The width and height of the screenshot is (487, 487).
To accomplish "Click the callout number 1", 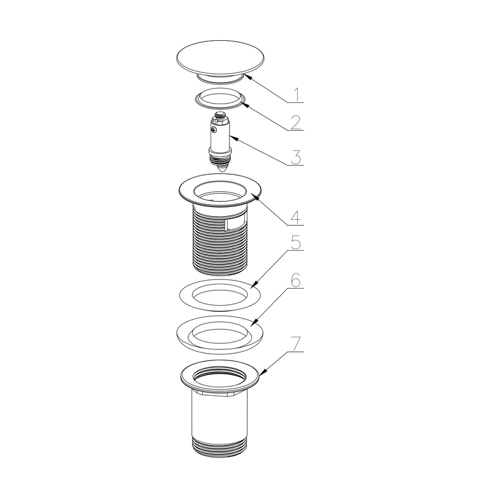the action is [x=297, y=94].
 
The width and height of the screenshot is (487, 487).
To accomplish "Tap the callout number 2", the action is [x=296, y=122].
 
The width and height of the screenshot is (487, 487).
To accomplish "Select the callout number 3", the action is [x=296, y=157].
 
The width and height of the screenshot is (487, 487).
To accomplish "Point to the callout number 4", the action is [x=296, y=217].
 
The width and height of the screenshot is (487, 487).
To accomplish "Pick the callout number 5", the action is [x=296, y=242].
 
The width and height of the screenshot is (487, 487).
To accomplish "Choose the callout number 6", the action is [x=296, y=281].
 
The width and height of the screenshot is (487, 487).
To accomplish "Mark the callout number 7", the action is [x=296, y=343].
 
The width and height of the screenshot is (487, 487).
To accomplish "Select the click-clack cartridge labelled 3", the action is [x=220, y=142].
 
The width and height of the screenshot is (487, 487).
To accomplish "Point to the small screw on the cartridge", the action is [x=214, y=131].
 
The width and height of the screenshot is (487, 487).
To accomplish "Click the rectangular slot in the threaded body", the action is [x=236, y=224].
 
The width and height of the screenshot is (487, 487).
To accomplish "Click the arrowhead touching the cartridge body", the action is [x=233, y=138].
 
